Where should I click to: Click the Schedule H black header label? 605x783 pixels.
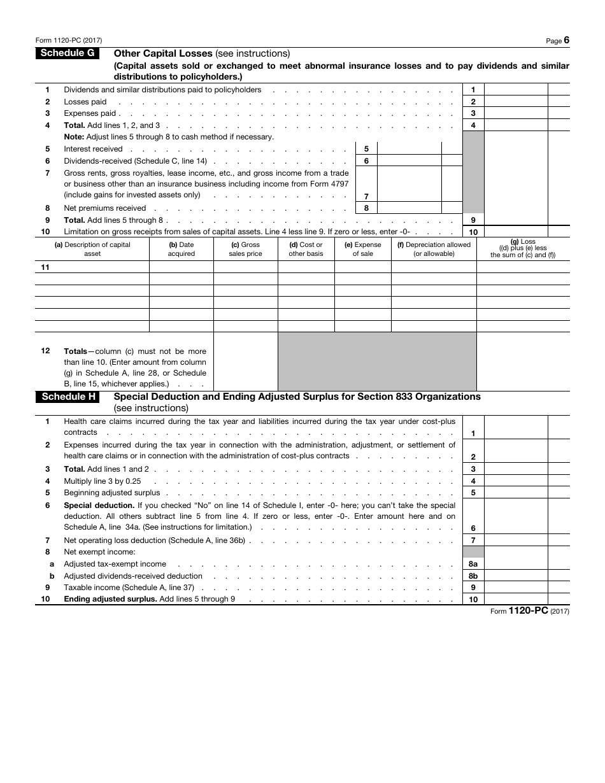(68, 397)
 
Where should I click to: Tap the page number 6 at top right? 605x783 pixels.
(566, 40)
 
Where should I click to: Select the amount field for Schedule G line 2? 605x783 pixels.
(516, 102)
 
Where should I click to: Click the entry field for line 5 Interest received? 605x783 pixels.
(408, 149)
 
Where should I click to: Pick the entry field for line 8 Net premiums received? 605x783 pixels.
(408, 208)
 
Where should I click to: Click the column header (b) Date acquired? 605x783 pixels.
(181, 249)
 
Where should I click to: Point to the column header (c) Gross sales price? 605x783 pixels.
(245, 249)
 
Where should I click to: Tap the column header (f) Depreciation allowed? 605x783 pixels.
(434, 249)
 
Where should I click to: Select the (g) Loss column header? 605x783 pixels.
(523, 248)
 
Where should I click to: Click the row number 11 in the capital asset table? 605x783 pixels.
(45, 267)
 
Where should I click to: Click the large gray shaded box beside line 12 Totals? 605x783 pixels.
(377, 361)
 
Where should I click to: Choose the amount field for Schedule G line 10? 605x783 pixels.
(516, 232)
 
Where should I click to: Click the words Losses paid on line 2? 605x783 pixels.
(85, 102)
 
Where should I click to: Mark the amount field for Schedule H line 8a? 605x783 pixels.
(516, 564)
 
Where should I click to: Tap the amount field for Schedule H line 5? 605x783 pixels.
(516, 493)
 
